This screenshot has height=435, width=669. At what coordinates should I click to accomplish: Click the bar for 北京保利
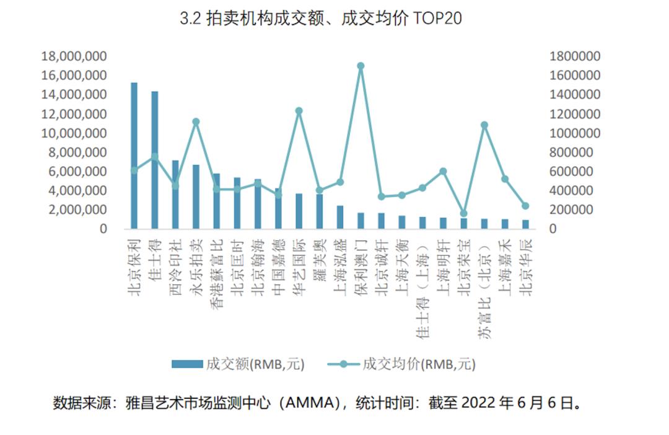tap(134, 155)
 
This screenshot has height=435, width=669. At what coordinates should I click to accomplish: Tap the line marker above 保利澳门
tap(361, 66)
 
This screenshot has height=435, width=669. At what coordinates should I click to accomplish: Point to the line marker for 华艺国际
tap(299, 111)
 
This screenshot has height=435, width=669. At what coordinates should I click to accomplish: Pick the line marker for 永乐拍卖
tap(196, 121)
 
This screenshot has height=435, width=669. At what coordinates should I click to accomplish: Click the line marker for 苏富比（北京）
tap(484, 125)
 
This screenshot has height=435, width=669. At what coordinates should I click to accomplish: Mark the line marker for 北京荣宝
tap(463, 213)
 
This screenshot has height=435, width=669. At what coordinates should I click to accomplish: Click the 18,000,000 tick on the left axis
tap(74, 56)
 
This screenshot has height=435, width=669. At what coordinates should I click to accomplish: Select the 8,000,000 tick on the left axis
tap(77, 152)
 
